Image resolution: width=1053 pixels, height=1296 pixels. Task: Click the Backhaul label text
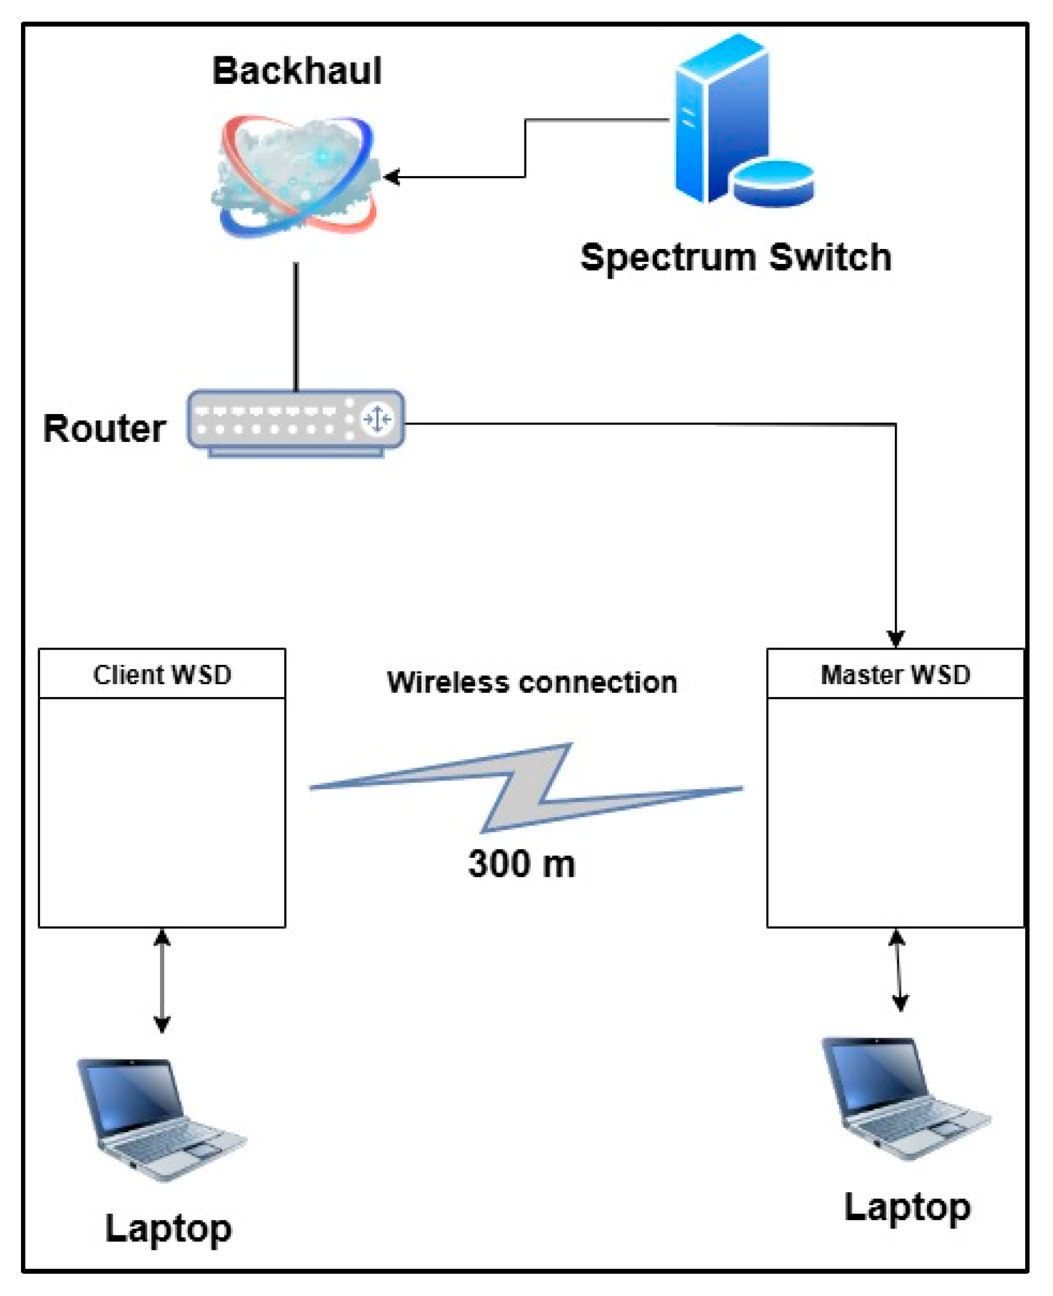296,70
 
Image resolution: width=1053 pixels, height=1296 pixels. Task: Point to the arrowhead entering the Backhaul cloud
391,177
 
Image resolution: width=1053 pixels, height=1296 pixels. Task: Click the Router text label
104,428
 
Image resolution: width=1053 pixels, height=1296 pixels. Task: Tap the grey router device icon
295,422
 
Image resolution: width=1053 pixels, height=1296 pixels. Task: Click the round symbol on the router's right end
377,419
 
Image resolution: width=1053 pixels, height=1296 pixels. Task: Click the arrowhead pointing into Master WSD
896,638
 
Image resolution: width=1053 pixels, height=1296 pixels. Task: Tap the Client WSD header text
162,674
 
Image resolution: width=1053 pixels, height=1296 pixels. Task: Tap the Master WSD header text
895,674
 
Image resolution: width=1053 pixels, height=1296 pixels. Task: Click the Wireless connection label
532,682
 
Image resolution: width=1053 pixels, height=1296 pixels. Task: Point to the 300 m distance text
521,863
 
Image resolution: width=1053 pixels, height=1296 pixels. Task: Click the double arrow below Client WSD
162,981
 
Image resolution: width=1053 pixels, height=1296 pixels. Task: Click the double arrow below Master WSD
898,971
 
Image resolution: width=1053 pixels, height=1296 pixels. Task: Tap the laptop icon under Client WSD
159,1119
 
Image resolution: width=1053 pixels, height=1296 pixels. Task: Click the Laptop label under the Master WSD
907,1209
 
